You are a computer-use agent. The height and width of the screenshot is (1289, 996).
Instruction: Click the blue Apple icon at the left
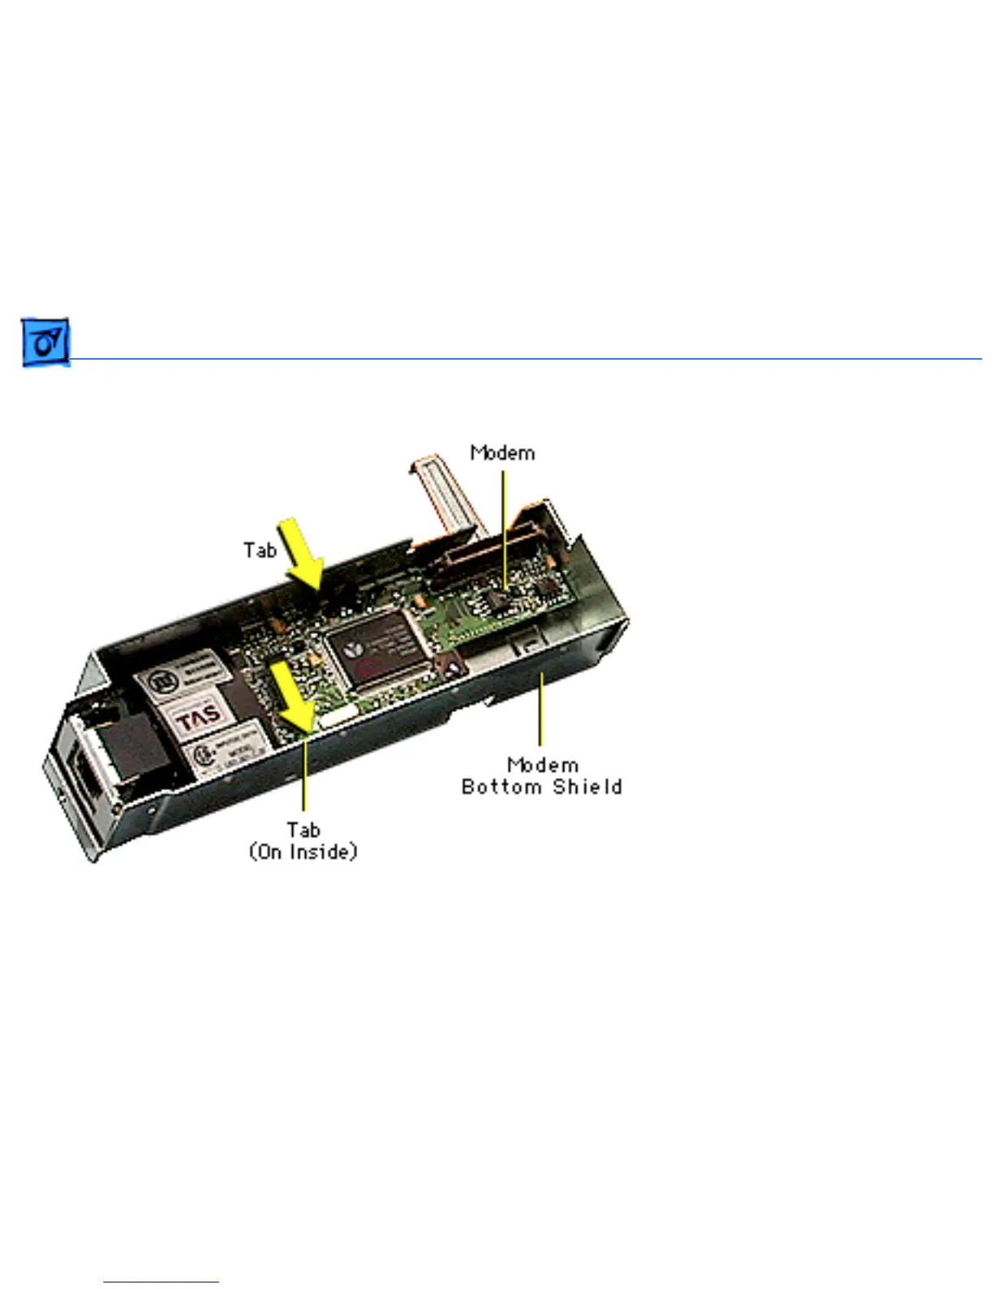[46, 343]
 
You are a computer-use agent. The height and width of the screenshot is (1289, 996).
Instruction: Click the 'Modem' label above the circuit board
[503, 453]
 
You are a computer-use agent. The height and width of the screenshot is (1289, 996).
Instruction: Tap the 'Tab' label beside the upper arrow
[260, 551]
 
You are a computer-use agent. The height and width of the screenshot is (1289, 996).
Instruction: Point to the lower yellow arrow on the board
[293, 694]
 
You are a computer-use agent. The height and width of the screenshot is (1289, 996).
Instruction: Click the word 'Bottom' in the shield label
[502, 787]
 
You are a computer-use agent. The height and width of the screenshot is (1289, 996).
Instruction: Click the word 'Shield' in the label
[588, 787]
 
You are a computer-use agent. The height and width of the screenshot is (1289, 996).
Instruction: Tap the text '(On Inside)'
[303, 852]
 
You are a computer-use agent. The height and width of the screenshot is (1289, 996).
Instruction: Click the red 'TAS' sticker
[199, 718]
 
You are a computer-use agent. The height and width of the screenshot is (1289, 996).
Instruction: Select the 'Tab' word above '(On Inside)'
[303, 830]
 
